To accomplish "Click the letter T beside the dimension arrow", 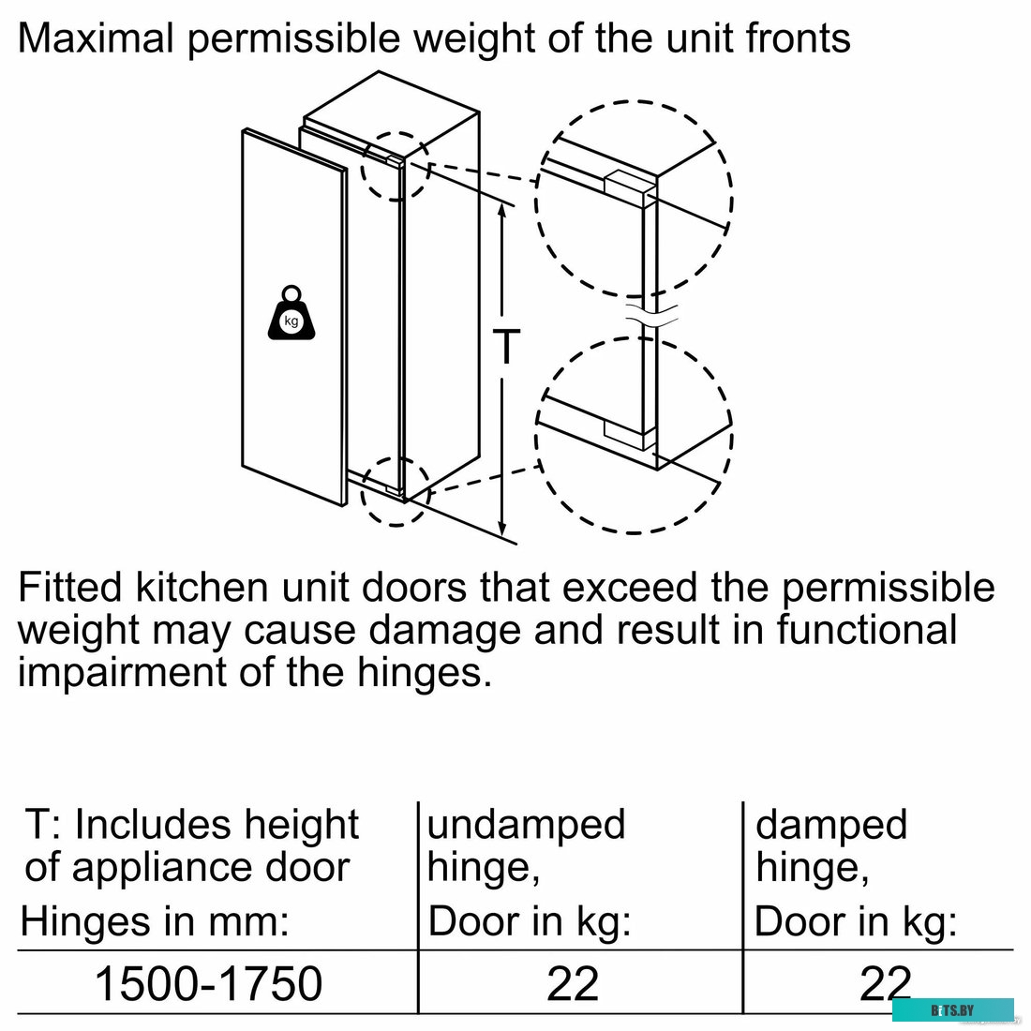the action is click(x=507, y=346).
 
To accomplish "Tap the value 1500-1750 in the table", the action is click(x=208, y=983).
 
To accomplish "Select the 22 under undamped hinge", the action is click(x=572, y=983).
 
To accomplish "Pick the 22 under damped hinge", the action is click(x=885, y=983).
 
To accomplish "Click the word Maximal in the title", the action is click(x=96, y=37).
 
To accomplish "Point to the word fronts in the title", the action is click(x=798, y=37).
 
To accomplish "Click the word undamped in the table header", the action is click(x=526, y=824).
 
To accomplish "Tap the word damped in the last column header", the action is click(x=831, y=824).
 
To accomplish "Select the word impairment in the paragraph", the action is click(x=122, y=672).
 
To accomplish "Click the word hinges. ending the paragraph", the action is click(x=424, y=672).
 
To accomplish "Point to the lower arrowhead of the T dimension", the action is click(x=502, y=528).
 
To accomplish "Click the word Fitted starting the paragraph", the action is click(x=70, y=587).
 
